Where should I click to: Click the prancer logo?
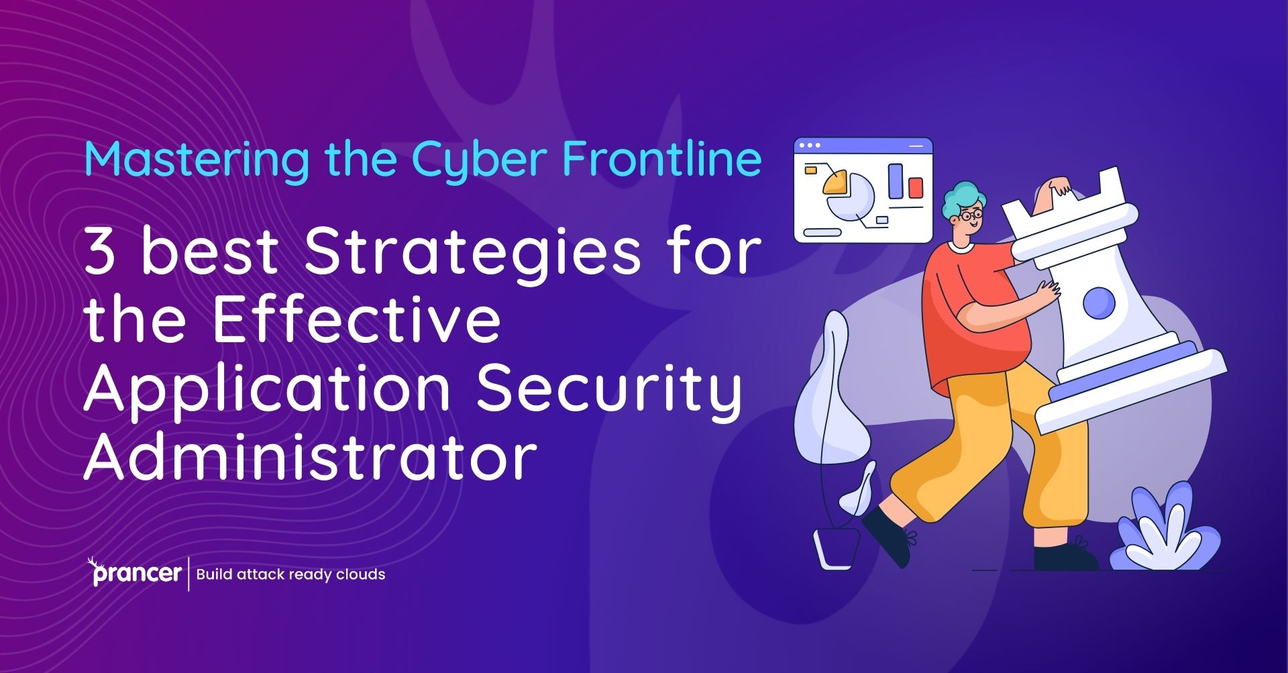click(x=135, y=572)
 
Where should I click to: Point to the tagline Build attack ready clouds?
click(x=290, y=574)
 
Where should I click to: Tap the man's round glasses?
click(x=971, y=216)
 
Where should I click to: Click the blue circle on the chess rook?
click(x=1099, y=303)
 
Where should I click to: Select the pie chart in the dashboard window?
click(x=847, y=195)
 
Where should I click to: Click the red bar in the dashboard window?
click(x=916, y=187)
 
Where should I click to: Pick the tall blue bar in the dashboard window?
click(x=896, y=181)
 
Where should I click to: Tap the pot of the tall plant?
click(x=837, y=548)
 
